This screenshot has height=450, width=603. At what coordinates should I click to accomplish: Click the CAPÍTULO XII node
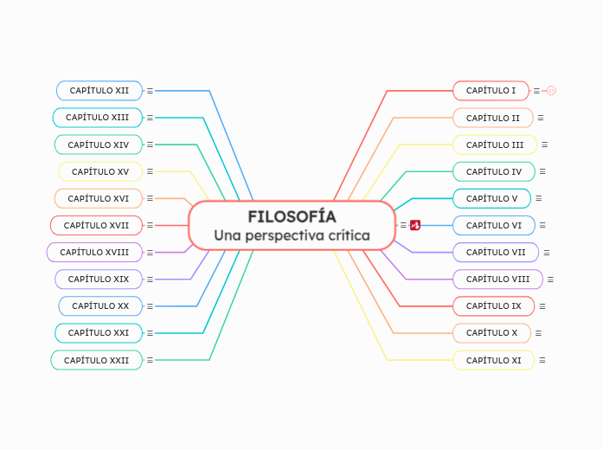pos(99,90)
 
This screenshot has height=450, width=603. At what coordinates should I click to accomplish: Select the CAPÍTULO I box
pos(491,90)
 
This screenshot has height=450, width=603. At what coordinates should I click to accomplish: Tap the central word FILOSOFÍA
pos(292,216)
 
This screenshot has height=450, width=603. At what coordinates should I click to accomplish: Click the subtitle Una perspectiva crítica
pos(292,235)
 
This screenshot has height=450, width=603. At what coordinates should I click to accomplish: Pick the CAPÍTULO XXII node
pos(96,360)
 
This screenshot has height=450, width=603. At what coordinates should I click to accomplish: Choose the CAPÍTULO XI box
pos(493,360)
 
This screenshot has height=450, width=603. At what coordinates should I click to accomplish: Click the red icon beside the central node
pos(415,225)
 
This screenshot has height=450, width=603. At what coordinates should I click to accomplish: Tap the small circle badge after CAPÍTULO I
pos(551,90)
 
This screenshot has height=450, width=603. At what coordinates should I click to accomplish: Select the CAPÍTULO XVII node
pos(96,225)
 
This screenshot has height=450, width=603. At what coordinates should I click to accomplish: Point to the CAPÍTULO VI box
pos(493,225)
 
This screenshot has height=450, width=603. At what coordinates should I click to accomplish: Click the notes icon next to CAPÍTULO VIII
pos(550,280)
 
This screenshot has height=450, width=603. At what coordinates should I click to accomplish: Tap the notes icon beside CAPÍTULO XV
pos(150,171)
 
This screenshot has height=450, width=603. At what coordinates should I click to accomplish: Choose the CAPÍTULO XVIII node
pos(94,252)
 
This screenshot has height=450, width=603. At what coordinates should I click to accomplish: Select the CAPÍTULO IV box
pos(493,171)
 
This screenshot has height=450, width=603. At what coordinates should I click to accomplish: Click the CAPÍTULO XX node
pos(99,305)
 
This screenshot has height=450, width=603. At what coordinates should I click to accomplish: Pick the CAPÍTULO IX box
pos(493,305)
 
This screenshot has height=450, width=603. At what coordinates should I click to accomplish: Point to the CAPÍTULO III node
pos(494,145)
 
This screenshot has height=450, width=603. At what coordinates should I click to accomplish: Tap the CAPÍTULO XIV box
pos(98,145)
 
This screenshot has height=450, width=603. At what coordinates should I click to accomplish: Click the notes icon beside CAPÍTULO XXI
pos(150,333)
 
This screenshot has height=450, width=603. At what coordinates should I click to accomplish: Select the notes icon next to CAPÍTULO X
pos(538,333)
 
